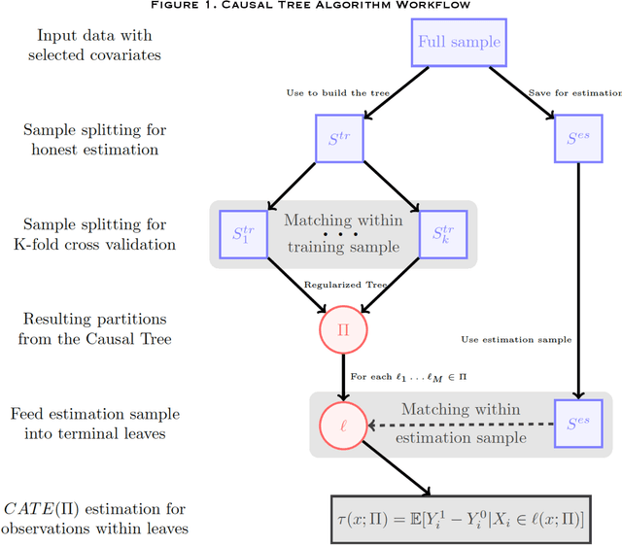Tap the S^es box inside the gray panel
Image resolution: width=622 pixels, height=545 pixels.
point(578,424)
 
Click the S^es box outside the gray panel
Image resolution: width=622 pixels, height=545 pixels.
point(578,140)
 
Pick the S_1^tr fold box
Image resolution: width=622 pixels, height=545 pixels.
point(239,234)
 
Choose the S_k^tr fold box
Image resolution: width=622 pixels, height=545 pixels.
point(444,234)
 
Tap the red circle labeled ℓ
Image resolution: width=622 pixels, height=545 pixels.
point(342,424)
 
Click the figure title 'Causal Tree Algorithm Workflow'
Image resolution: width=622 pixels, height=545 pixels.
point(311,6)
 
